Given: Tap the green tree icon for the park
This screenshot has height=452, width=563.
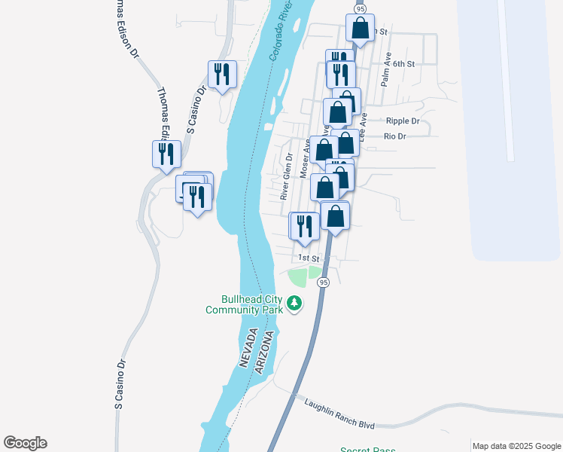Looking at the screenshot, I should click(x=294, y=304).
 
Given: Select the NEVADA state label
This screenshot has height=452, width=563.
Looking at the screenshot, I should click(x=247, y=347).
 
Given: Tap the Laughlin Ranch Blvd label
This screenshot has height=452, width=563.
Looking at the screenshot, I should click(x=339, y=414).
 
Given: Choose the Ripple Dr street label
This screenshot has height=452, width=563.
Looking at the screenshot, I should click(x=402, y=121).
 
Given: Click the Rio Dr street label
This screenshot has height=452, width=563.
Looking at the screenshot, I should click(x=394, y=136).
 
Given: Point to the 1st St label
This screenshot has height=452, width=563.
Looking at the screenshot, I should click(x=309, y=258).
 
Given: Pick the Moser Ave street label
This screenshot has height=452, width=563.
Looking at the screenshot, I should click(x=306, y=160).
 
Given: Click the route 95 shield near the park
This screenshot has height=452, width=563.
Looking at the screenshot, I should click(x=323, y=282).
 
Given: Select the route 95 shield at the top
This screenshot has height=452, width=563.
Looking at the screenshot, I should click(x=361, y=8).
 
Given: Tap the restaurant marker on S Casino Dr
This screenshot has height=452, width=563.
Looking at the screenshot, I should click(x=222, y=74).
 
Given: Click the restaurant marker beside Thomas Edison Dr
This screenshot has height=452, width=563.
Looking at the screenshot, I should click(x=166, y=154).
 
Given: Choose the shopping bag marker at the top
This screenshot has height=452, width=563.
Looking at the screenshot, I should click(x=361, y=29).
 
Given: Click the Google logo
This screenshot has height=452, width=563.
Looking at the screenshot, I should click(x=25, y=443).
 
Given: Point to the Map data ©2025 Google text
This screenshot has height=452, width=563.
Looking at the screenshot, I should click(x=516, y=446).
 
